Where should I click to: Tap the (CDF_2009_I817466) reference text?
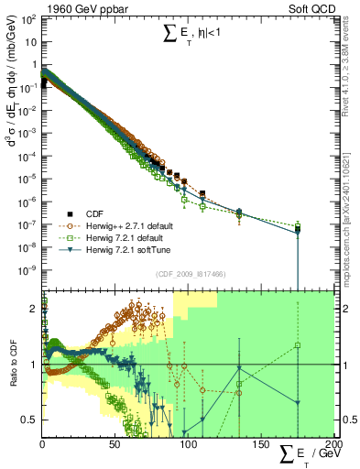(x=187, y=272)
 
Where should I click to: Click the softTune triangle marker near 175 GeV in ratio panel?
(x=298, y=403)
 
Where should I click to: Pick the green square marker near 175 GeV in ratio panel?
(x=298, y=345)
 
